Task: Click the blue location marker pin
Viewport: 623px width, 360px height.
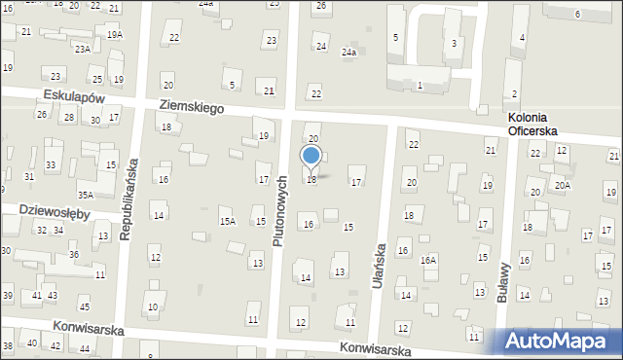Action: tap(311, 157)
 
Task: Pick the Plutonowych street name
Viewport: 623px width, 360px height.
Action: tap(280, 210)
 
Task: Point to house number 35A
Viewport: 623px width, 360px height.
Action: tap(86, 194)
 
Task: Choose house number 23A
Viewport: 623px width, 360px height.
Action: tap(83, 49)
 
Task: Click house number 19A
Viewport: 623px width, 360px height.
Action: tap(115, 35)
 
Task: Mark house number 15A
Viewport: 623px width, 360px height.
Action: tap(227, 222)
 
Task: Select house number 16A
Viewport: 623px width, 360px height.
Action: tap(428, 261)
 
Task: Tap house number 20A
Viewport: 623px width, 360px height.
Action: tap(562, 184)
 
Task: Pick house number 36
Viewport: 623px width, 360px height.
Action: tap(73, 255)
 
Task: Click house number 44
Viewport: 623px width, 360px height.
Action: tap(85, 348)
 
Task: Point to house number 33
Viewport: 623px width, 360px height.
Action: tap(50, 165)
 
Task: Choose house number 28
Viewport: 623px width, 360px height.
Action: tap(68, 118)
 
